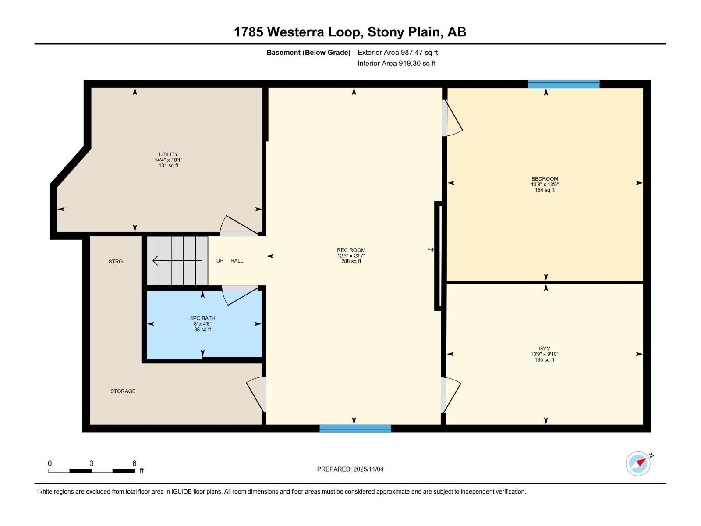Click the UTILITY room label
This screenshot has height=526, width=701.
[168, 154]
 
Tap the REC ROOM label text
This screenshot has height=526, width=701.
[351, 250]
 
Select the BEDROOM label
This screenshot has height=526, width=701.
[545, 179]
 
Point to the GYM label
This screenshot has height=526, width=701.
[545, 348]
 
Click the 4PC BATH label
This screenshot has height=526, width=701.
[202, 318]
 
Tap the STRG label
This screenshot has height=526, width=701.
[116, 262]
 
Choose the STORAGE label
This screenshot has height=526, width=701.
[123, 391]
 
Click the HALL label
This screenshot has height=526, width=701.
[237, 261]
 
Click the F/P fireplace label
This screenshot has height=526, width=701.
[431, 250]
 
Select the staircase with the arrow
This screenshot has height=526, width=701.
[177, 261]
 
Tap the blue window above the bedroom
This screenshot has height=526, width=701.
[563, 84]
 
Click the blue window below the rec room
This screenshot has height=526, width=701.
[355, 429]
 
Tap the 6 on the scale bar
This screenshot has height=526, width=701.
[134, 463]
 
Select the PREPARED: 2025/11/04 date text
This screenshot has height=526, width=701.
[350, 469]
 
